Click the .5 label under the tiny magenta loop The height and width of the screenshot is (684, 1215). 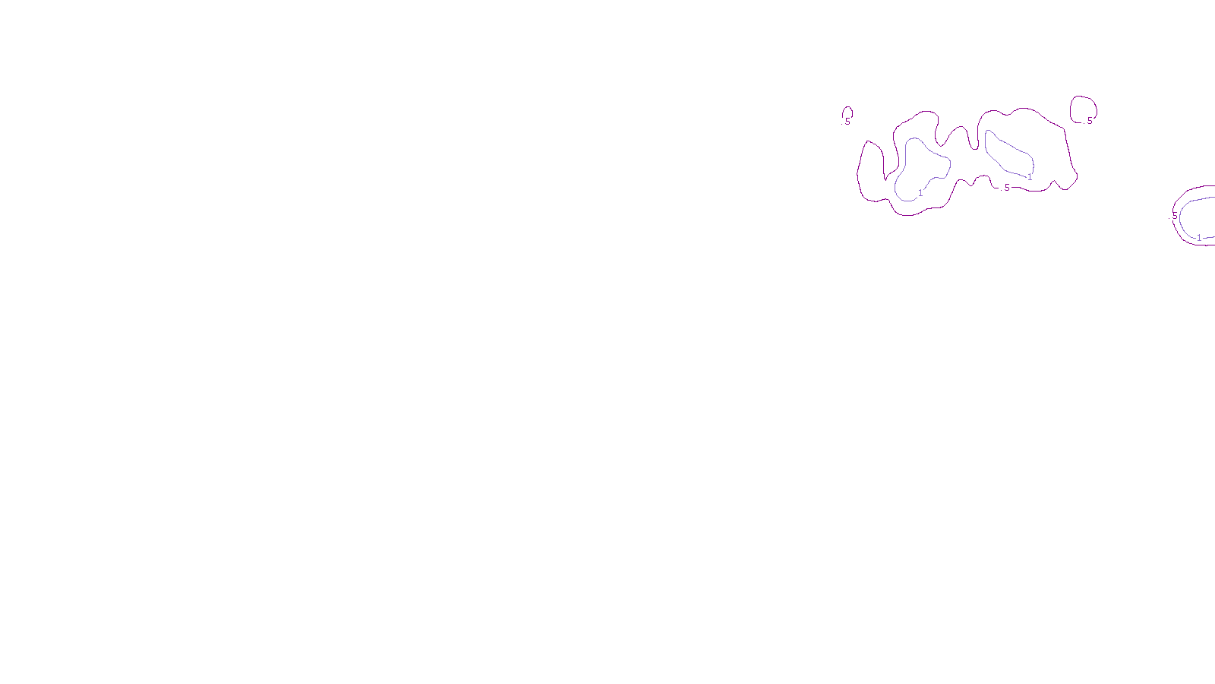click(x=847, y=122)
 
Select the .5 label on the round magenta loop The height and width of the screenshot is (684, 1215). click(x=1089, y=121)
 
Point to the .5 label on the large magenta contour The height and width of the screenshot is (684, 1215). click(x=1006, y=188)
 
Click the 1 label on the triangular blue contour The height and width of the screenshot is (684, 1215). click(x=920, y=193)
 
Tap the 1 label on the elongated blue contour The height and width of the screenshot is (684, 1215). click(x=1030, y=177)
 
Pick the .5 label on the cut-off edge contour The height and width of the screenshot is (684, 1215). click(x=1175, y=217)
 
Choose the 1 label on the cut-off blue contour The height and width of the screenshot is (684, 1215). click(x=1199, y=238)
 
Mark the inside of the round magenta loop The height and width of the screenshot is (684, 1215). click(x=1083, y=108)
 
